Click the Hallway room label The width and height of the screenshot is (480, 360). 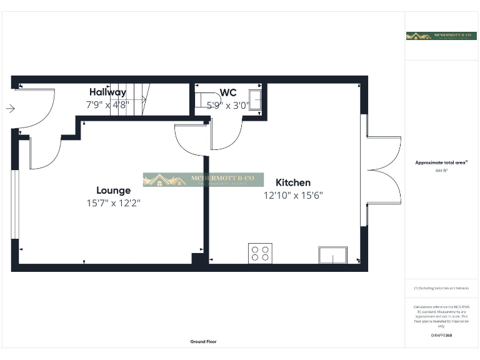(107, 92)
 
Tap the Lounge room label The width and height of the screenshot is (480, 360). (113, 191)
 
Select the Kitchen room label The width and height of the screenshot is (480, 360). (293, 182)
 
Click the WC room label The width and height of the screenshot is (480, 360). (228, 92)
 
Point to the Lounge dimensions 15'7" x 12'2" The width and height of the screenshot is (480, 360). (113, 203)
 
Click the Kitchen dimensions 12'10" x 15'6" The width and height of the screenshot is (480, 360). (293, 195)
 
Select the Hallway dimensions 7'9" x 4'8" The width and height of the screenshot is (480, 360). (107, 104)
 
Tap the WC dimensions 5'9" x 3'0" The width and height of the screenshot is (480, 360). (228, 104)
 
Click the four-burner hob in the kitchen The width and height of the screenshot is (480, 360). (260, 252)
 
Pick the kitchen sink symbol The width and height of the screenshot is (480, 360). (333, 255)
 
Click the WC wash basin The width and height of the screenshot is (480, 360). (256, 99)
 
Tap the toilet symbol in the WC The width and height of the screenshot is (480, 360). (203, 100)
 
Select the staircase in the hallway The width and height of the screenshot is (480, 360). (132, 99)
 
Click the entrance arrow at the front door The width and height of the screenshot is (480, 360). (10, 109)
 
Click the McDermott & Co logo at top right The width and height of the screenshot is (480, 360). (441, 36)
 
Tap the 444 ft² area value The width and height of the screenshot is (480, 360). (441, 170)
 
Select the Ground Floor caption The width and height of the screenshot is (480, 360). (204, 342)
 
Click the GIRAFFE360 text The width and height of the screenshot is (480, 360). (441, 336)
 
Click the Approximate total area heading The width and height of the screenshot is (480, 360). (441, 162)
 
